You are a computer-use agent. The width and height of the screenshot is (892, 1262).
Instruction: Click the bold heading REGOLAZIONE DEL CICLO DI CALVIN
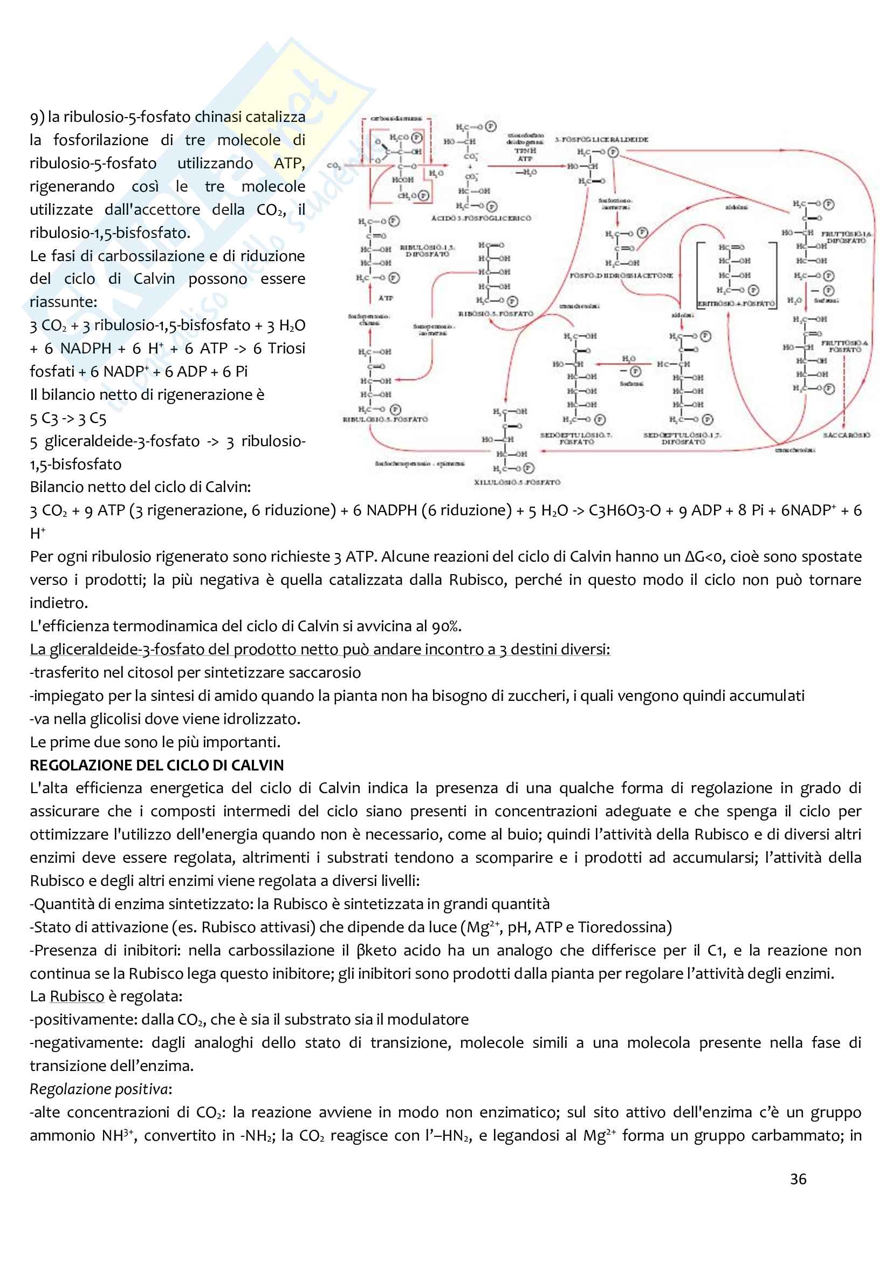(156, 765)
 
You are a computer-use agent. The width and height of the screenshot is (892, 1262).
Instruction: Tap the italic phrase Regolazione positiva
(99, 1089)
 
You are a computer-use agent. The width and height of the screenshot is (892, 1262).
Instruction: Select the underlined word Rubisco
(77, 997)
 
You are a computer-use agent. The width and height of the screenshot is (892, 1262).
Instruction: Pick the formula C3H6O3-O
(625, 510)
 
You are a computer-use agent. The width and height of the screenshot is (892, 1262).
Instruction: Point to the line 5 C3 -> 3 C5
(68, 418)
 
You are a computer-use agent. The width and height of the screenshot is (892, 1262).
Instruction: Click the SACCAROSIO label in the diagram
(846, 435)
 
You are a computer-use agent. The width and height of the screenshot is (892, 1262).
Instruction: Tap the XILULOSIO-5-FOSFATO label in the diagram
(517, 482)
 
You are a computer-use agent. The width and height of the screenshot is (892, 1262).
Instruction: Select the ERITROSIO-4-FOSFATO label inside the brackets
(736, 303)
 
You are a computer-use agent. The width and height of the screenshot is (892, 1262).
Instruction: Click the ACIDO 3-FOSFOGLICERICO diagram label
(481, 218)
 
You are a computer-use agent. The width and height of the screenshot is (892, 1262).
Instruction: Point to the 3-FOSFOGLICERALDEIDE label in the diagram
(601, 140)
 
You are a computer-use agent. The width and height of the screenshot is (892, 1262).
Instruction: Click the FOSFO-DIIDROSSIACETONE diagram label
(621, 275)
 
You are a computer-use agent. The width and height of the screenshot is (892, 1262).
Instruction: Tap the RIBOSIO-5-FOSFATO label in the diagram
(496, 314)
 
